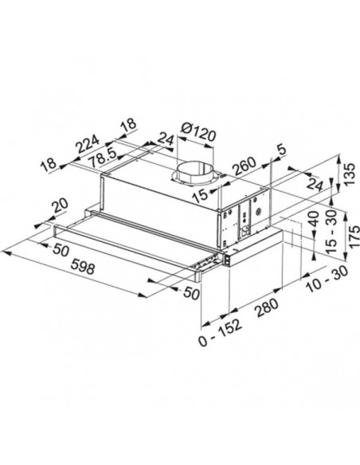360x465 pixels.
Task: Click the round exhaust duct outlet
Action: point(194,170)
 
